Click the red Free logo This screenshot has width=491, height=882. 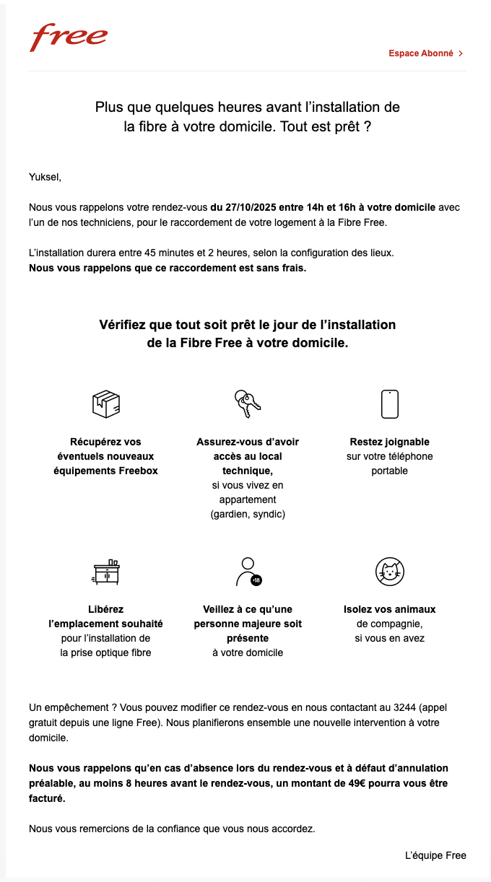(69, 38)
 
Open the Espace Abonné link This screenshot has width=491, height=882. (421, 53)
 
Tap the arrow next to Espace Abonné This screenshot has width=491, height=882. (461, 53)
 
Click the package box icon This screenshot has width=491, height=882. (106, 403)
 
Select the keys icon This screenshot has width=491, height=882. (248, 403)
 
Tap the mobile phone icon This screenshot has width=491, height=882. (390, 403)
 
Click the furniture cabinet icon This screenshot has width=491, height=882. (106, 571)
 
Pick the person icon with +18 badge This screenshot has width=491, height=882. (248, 571)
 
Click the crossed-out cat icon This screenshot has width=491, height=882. (390, 571)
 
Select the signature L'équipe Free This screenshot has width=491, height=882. (435, 855)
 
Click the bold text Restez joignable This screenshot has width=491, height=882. (390, 442)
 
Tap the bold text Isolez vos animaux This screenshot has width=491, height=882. (390, 609)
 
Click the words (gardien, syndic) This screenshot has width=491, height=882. (248, 514)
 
